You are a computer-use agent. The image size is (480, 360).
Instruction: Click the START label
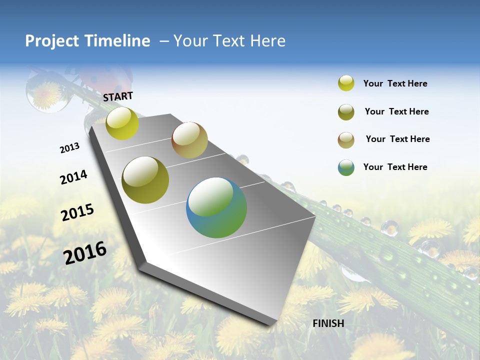tap(118, 96)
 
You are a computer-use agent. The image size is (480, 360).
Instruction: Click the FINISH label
tap(328, 323)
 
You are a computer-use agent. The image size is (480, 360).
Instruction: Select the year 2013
tap(69, 148)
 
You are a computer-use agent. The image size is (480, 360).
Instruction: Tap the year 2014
tap(73, 177)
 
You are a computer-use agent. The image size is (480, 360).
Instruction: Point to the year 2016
tap(85, 252)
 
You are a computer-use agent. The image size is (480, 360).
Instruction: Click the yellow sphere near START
tap(122, 123)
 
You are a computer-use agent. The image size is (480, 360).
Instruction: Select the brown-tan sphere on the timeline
tap(189, 140)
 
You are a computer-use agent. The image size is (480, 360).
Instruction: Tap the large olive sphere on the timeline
tap(145, 180)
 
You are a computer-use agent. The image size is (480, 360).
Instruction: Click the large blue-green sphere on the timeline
tap(216, 207)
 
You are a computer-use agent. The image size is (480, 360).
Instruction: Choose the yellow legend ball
tap(346, 83)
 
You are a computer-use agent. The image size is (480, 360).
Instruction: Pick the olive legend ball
tap(346, 112)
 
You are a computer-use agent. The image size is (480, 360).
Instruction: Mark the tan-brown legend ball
tap(346, 140)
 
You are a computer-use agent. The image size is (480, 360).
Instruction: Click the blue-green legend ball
tap(346, 167)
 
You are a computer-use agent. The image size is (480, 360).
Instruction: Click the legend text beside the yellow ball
tap(395, 84)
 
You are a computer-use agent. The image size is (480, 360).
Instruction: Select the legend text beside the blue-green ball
tap(395, 167)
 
